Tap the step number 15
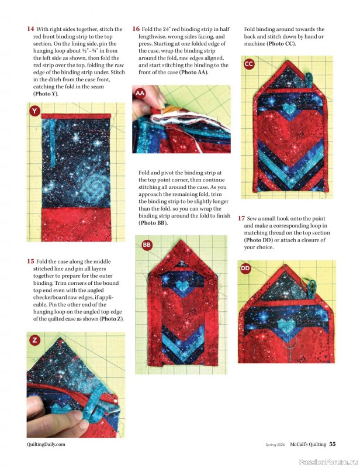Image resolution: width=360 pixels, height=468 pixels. pos(30,261)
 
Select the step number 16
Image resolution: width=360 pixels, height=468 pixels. pos(136,29)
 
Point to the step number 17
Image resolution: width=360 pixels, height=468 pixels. pos(241,218)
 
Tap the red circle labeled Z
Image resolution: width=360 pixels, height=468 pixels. pos(34,339)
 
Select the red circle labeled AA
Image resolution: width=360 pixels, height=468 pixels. pos(140,93)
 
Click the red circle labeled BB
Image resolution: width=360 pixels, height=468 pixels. pos(147,245)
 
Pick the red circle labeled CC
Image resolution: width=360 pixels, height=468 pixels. pos(249,63)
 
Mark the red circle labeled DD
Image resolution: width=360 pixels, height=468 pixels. pos(245,268)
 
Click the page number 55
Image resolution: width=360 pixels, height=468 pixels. pos(332,444)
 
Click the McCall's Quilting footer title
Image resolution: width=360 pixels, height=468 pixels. pos(303,444)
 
